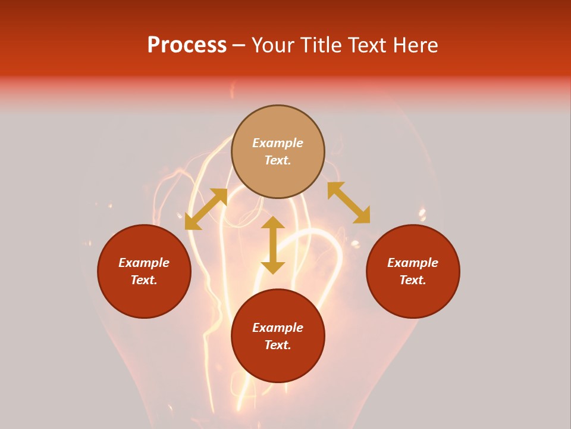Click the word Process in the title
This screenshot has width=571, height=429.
coord(187,45)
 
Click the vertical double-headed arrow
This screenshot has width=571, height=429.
coord(273,245)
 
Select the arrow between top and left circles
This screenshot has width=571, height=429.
coord(206,209)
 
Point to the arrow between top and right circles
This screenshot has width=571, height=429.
coord(349,203)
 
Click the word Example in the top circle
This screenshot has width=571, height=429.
coord(278,143)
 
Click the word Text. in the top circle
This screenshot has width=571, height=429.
coord(278,160)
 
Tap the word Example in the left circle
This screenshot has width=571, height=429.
coord(144,263)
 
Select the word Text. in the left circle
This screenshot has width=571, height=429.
coord(144,280)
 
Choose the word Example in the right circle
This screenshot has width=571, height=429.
coord(413,263)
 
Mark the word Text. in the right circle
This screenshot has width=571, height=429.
coord(413,280)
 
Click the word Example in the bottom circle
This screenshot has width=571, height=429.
coord(278,328)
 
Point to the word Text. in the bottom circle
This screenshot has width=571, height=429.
coord(278,345)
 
